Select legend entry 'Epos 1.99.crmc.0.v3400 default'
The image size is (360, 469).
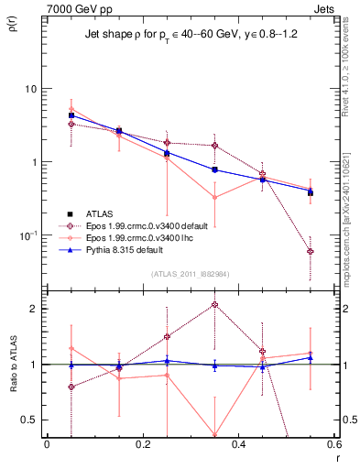(137, 225)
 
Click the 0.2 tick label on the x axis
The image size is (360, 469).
(142, 444)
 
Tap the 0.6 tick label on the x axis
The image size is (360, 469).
(333, 444)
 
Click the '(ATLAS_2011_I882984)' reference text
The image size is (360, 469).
(190, 274)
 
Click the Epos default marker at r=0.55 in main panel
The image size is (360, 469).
(311, 251)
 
